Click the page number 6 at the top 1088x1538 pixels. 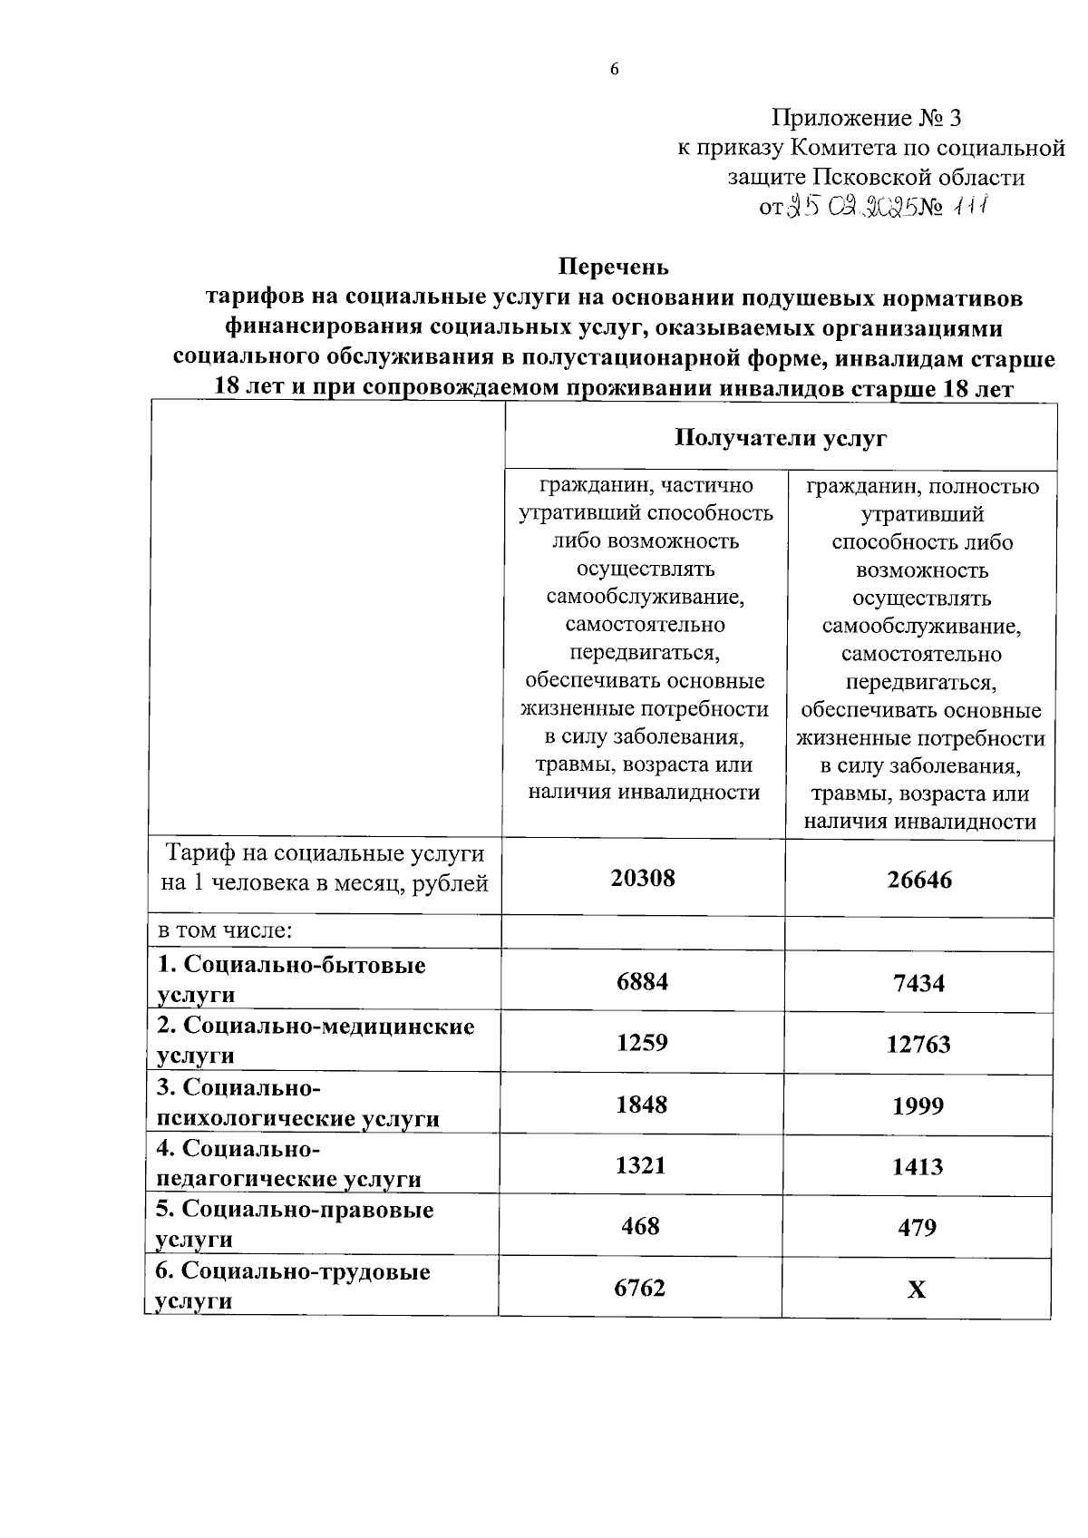click(614, 70)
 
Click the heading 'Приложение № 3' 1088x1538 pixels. click(865, 118)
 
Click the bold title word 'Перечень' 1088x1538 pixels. click(614, 267)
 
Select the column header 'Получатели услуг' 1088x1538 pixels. click(780, 439)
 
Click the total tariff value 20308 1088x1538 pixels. click(642, 878)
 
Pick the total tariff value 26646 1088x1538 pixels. click(918, 880)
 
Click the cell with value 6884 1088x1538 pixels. click(642, 981)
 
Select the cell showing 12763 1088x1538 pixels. click(918, 1045)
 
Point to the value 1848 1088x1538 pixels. click(642, 1105)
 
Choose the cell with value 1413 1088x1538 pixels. click(918, 1167)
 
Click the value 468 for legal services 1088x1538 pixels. click(640, 1226)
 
